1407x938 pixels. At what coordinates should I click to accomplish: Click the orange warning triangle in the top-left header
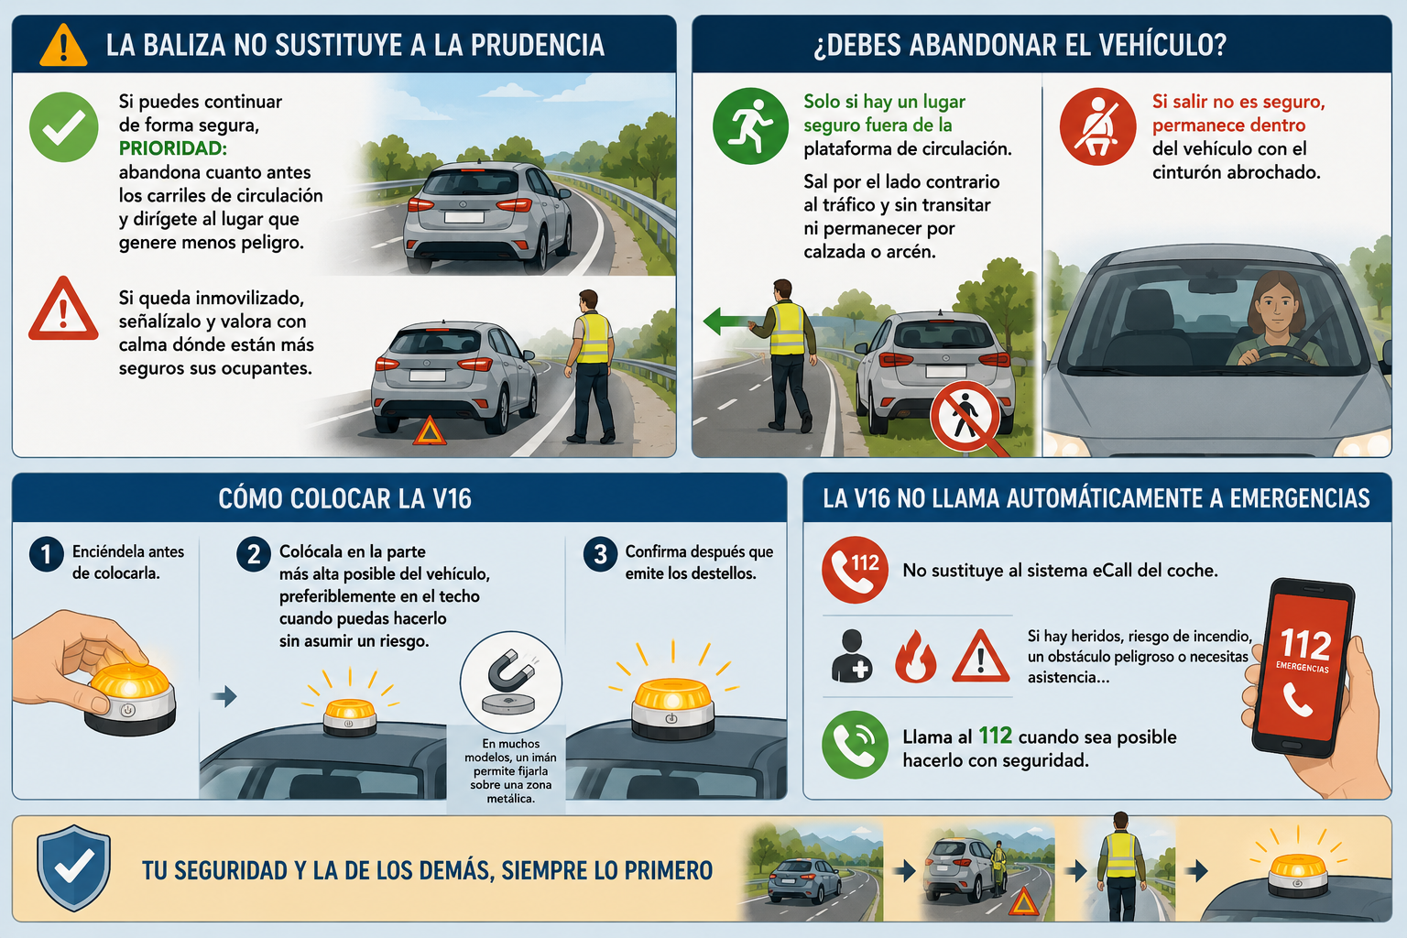63,45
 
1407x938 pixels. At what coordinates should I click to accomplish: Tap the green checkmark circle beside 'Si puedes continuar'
63,127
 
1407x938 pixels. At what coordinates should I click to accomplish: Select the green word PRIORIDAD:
173,148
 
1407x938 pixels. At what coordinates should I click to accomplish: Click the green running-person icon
750,125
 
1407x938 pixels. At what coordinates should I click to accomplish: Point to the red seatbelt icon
1097,126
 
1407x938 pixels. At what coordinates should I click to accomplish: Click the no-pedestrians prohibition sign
965,416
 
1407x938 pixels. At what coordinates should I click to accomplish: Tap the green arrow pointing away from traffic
733,321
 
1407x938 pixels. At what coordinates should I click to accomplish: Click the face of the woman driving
1277,307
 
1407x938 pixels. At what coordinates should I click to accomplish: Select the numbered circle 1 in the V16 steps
47,555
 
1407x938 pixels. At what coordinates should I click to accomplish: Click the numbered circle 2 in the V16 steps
253,555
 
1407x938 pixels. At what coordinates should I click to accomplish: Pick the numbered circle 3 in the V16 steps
600,555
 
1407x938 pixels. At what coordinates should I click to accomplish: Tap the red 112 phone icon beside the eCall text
855,570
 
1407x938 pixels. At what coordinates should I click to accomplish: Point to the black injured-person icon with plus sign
851,656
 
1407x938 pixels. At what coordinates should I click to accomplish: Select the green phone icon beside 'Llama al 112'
855,745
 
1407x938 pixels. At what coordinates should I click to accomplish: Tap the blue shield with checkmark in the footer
74,867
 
